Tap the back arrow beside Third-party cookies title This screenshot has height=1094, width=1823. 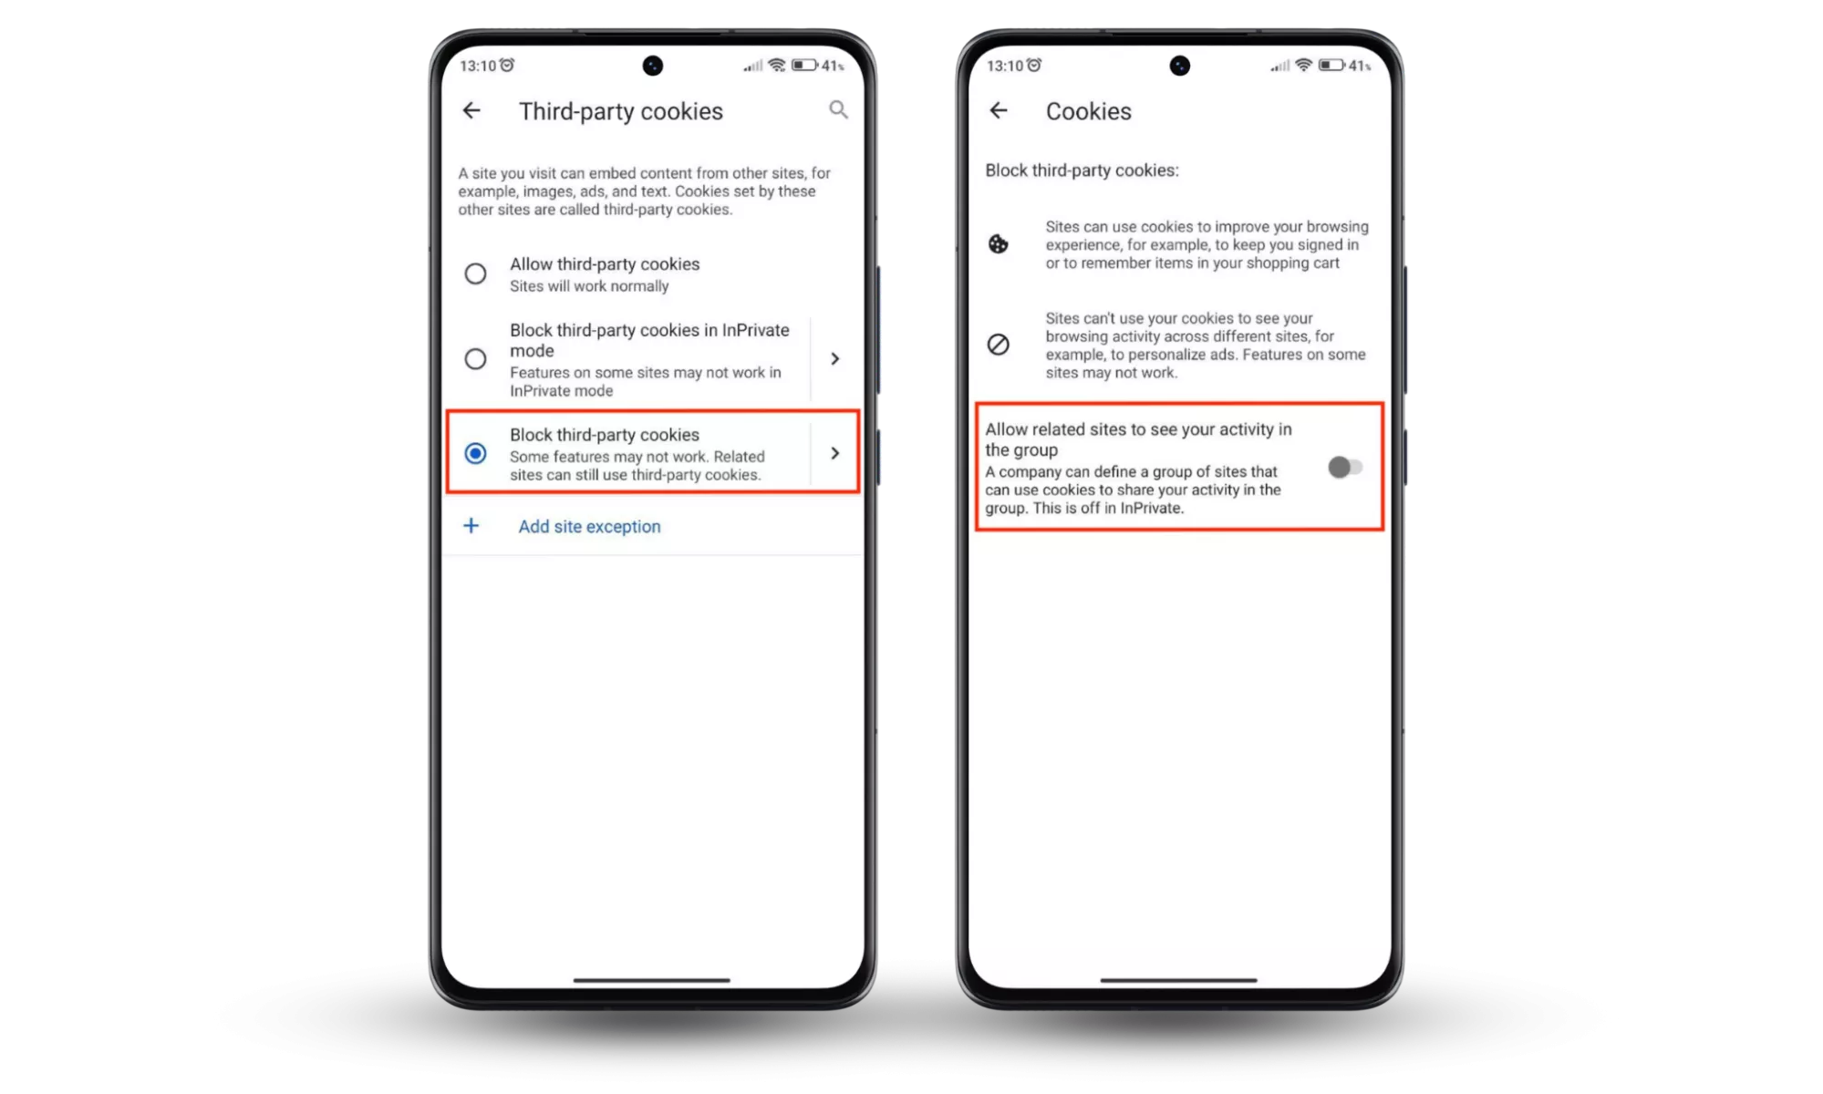point(471,110)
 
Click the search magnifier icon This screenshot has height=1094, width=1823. point(838,110)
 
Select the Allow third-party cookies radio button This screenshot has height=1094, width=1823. point(475,273)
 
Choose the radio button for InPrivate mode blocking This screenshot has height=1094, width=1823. point(475,359)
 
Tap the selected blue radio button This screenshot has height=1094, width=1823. point(475,453)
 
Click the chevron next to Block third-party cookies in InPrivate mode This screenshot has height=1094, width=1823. point(834,359)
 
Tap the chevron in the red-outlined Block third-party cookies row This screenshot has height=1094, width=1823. point(834,453)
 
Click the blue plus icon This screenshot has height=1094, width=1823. point(471,525)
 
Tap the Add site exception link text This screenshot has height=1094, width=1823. point(589,526)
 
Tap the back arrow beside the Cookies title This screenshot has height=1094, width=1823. point(999,110)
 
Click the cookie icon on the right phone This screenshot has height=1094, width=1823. point(999,244)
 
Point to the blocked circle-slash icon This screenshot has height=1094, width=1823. point(999,345)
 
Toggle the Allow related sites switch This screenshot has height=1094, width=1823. point(1345,468)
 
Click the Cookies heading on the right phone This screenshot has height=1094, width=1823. point(1088,111)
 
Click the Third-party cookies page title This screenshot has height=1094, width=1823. point(620,111)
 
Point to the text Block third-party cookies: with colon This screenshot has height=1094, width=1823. point(1082,170)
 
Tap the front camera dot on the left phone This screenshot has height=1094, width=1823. point(653,66)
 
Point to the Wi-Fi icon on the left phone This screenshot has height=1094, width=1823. point(777,65)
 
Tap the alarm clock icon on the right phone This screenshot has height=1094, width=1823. point(1034,65)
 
